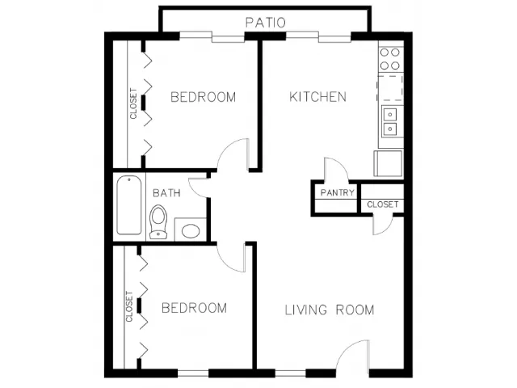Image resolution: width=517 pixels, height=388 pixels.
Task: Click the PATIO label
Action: pos(266,23)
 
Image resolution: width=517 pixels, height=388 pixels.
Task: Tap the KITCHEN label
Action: pos(317,97)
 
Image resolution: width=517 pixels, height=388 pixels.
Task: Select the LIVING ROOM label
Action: pos(330,310)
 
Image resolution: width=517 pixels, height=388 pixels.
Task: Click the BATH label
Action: pos(166,192)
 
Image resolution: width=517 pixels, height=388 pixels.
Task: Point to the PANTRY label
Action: pos(338,192)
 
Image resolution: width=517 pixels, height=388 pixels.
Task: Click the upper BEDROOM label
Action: pos(203,97)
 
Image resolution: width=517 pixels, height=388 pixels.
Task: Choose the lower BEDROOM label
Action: pos(194,308)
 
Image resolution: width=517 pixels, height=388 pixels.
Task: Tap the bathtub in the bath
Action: pos(129,205)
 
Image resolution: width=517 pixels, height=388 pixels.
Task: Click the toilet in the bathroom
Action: pos(158,221)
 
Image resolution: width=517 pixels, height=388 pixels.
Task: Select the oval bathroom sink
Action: pos(191,231)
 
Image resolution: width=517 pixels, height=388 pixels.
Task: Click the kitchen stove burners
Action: pos(389,59)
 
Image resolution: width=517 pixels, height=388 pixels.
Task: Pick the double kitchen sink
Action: pos(390,122)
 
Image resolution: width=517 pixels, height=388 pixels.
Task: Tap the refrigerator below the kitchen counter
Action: pos(388,163)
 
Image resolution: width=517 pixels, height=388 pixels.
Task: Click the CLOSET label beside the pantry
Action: pos(382,205)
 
